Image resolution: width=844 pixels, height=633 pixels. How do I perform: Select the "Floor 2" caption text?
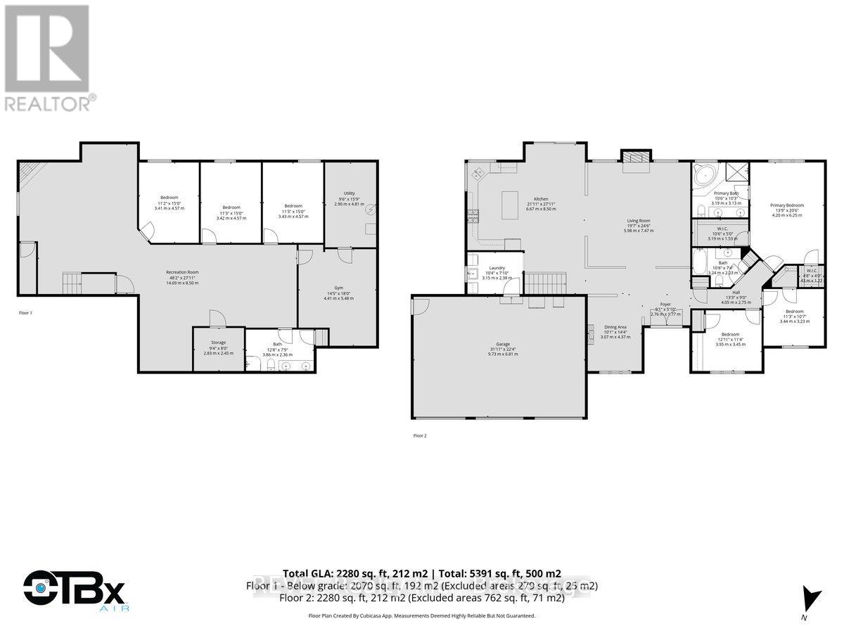click(420, 435)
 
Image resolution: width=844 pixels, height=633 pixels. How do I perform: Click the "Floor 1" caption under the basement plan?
click(25, 312)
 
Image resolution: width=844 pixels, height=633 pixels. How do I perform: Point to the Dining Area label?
click(615, 327)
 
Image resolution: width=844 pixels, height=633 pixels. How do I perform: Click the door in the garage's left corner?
click(421, 305)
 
